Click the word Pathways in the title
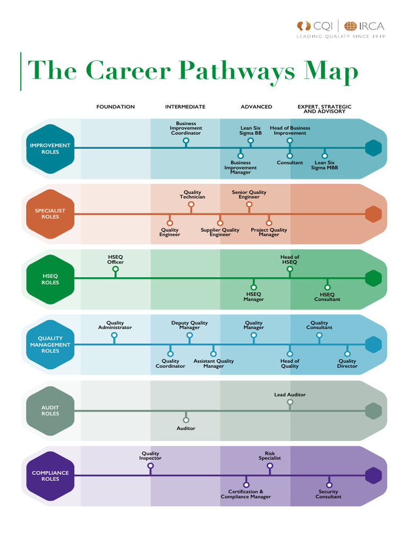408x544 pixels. [236, 71]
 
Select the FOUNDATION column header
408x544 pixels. [115, 107]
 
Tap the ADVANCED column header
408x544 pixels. [256, 107]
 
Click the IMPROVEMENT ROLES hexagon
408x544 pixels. [50, 149]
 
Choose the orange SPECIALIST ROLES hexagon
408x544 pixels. [50, 214]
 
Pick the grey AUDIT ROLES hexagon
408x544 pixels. [50, 411]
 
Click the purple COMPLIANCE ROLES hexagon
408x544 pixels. [50, 476]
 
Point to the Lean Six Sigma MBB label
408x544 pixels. [325, 165]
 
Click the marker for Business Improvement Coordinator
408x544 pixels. [186, 141]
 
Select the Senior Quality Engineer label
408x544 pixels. [249, 194]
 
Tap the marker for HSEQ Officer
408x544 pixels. [115, 269]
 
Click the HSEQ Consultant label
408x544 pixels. [327, 297]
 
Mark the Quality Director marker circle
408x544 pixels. [347, 353]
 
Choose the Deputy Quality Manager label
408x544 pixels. [190, 325]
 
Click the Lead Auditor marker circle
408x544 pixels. [290, 402]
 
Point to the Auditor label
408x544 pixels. [186, 428]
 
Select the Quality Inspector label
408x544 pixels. [150, 456]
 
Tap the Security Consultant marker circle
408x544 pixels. [328, 484]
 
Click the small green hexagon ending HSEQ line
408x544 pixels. [373, 278]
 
